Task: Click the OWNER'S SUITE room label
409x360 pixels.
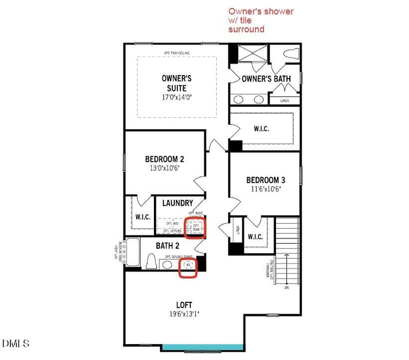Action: (x=176, y=83)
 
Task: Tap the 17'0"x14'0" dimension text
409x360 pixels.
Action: (x=176, y=97)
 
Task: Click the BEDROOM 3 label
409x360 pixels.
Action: (x=265, y=180)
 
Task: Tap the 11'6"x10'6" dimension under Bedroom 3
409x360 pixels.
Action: (x=265, y=189)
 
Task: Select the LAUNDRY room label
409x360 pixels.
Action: (x=177, y=203)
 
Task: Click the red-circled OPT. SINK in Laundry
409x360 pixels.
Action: (x=196, y=227)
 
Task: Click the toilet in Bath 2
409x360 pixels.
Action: (x=151, y=262)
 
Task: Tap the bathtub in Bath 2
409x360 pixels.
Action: (x=132, y=252)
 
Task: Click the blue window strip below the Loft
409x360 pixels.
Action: (x=202, y=347)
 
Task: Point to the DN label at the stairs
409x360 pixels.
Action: (x=287, y=287)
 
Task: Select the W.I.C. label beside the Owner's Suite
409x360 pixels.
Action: (x=261, y=129)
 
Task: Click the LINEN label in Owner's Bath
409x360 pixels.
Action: (x=285, y=101)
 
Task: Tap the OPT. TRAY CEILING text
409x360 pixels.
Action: (x=176, y=53)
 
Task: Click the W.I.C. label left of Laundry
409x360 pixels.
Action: (x=143, y=217)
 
